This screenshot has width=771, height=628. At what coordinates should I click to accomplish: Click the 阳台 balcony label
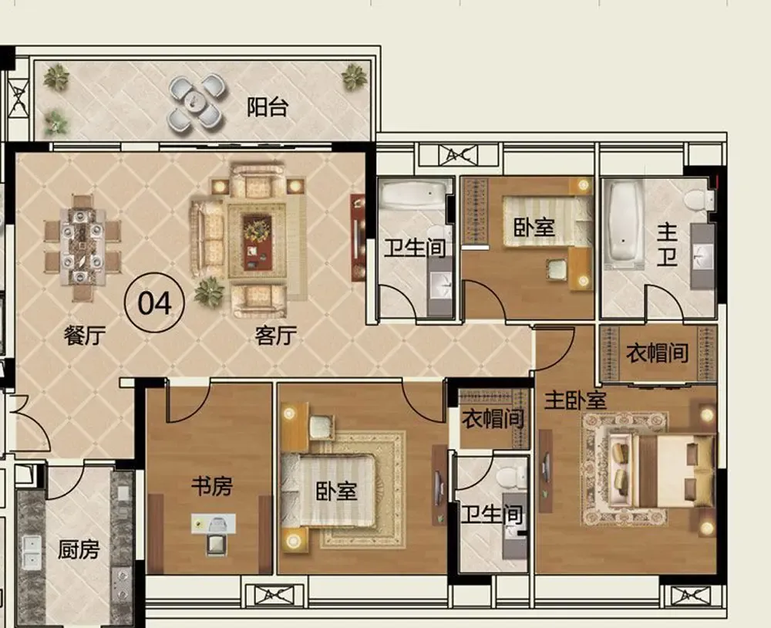(x=267, y=106)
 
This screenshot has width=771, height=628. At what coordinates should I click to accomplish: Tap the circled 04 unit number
(x=154, y=303)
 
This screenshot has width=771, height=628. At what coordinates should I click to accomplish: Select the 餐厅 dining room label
(x=85, y=336)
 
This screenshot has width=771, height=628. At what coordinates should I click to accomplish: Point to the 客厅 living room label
(x=276, y=336)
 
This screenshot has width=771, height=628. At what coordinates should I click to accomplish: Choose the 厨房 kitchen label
(x=79, y=550)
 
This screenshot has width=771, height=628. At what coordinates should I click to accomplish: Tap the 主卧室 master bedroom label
(x=575, y=400)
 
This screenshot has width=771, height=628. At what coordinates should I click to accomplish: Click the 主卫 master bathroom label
(x=667, y=245)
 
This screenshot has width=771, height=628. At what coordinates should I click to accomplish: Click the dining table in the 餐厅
(x=82, y=247)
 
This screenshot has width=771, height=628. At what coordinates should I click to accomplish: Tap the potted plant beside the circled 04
(x=210, y=292)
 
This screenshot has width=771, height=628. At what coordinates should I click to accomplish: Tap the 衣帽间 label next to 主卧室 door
(x=657, y=353)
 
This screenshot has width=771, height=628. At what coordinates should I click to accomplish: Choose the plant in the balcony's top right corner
(x=354, y=77)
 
